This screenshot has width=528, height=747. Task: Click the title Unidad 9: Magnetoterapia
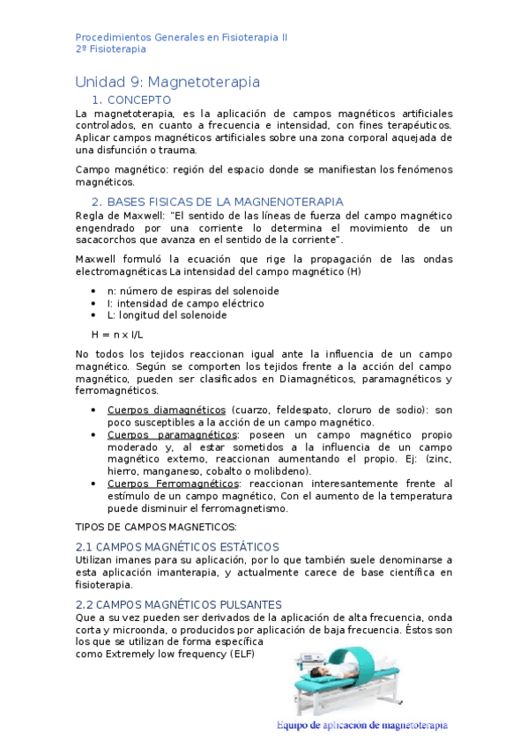click(167, 82)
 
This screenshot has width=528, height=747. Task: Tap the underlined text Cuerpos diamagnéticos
click(167, 410)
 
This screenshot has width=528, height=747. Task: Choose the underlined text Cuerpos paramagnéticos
click(171, 435)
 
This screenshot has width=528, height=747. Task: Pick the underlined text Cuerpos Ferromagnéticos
click(172, 484)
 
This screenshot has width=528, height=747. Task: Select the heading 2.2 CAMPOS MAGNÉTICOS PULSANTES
click(179, 604)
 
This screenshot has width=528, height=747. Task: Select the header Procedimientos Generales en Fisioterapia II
click(181, 38)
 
